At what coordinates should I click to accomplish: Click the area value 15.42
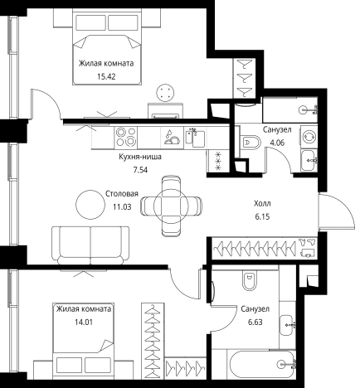click(106, 76)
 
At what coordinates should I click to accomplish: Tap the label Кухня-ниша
click(140, 157)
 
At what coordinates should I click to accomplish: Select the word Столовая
click(122, 194)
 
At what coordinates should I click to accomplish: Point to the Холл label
click(262, 204)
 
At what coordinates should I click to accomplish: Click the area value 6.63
click(255, 323)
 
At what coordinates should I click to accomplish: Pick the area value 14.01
click(84, 322)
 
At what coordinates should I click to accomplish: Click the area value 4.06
click(277, 143)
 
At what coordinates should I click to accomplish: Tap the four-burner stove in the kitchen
click(126, 138)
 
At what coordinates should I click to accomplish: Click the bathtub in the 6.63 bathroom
click(261, 365)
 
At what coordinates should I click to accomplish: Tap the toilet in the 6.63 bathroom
click(250, 280)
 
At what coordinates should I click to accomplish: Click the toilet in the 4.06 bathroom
click(251, 143)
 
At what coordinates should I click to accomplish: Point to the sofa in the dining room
click(90, 245)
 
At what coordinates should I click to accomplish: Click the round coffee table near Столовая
click(90, 205)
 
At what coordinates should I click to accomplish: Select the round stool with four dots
click(165, 93)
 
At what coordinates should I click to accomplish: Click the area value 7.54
click(140, 170)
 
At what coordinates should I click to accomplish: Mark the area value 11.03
click(122, 207)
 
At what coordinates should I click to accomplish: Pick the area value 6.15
click(262, 217)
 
